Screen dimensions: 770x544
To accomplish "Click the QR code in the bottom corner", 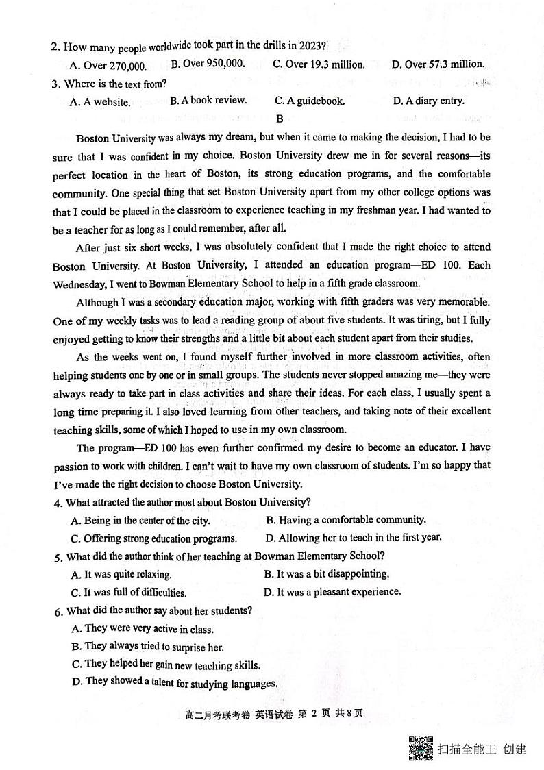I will point(421,748).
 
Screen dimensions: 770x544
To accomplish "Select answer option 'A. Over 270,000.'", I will point(108,66).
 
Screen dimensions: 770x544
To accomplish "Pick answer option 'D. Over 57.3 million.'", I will point(438,64).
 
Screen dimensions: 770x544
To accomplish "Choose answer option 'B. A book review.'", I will point(208,101).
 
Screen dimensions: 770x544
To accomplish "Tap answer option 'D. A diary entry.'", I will point(428,101).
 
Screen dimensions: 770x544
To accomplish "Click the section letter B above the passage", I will point(280,119).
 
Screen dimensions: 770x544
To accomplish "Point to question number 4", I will point(58,502).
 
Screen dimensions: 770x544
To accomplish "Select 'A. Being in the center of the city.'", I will point(140,521).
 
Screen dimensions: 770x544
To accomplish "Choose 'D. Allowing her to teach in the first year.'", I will point(354,538).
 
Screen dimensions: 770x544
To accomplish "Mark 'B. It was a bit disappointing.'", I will point(326,574).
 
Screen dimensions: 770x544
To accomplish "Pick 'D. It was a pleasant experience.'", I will point(332,592).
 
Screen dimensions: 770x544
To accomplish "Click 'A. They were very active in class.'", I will point(143,629).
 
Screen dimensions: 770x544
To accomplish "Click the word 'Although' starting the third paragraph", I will point(97,302).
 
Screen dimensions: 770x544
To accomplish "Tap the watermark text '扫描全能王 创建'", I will point(482,749).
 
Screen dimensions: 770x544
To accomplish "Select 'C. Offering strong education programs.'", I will point(154,538).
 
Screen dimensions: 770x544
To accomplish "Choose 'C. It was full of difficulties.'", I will point(129,593).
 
